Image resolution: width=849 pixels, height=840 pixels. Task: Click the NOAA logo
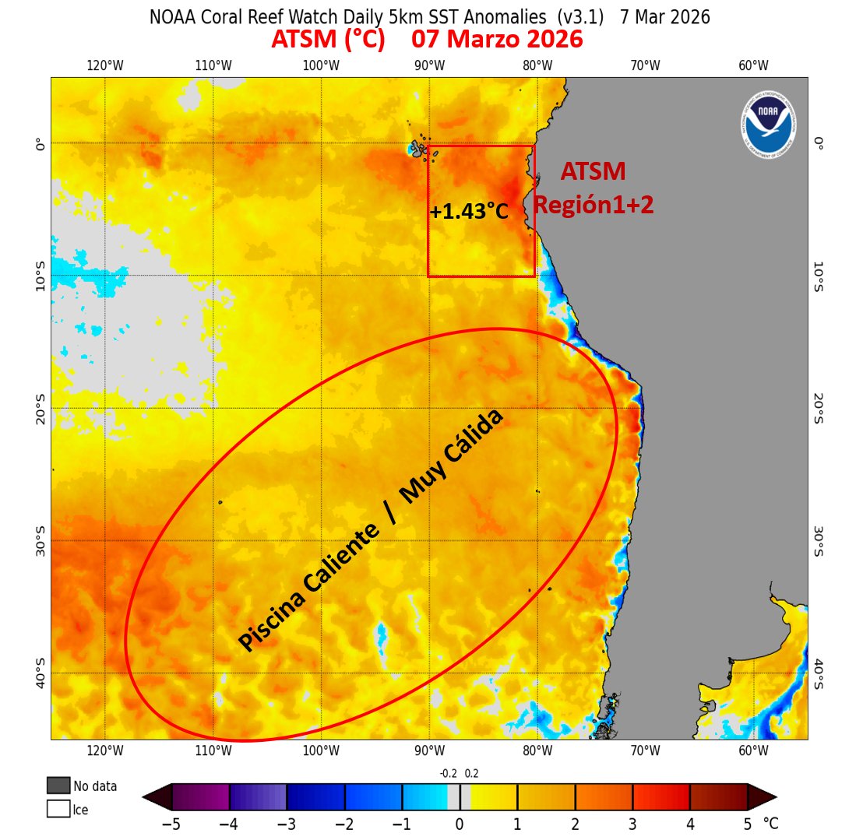point(768,123)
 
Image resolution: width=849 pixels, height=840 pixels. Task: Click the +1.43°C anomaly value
point(468,212)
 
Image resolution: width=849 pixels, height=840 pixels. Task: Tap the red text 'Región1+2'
point(594,205)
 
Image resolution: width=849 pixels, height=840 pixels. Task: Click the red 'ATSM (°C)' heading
point(328,40)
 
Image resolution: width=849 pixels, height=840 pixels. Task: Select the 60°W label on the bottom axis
point(753,750)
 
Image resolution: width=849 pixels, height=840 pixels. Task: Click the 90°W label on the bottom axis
point(429,750)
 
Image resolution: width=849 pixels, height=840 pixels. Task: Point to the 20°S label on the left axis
point(41,408)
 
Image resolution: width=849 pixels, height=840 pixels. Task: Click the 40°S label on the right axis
point(818,673)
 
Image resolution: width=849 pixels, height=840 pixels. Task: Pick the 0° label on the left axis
point(41,144)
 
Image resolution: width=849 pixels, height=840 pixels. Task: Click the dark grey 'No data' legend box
point(58,786)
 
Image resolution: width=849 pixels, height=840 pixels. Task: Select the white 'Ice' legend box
point(58,809)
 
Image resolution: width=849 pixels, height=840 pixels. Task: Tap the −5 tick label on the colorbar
point(171,824)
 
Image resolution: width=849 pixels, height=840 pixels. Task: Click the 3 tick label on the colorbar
point(632,824)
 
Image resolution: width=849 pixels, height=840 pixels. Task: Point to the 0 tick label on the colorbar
point(460,824)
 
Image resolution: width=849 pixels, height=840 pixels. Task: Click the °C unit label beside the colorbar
point(770,824)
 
